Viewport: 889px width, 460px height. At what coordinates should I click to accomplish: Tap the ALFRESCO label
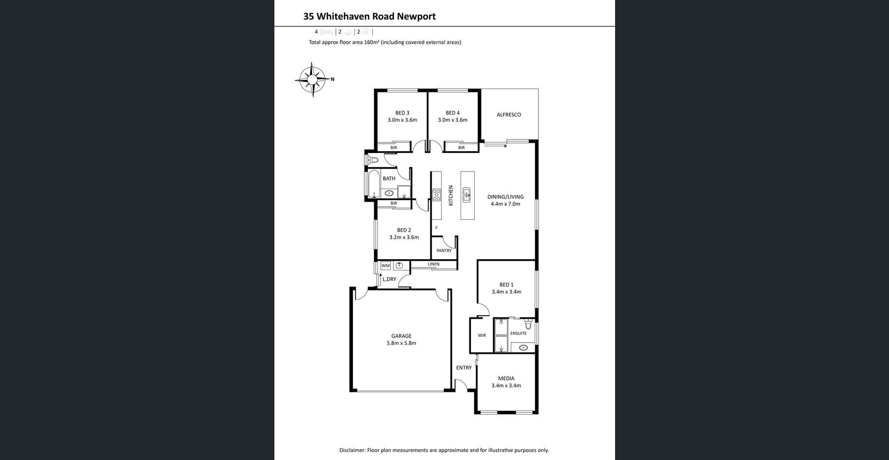pos(509,115)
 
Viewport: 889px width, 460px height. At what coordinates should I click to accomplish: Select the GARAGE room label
pos(401,336)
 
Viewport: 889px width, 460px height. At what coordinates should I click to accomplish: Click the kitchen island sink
pos(466,194)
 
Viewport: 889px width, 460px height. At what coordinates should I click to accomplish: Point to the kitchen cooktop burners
pos(437,195)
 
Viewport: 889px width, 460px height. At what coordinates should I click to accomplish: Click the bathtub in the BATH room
pos(374,184)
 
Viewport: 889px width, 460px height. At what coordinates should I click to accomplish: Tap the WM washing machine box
pos(386,266)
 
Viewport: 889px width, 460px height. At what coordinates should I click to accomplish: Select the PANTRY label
pos(444,250)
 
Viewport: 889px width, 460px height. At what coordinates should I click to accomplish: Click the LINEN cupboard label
pos(433,264)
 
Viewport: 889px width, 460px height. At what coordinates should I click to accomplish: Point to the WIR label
pos(482,335)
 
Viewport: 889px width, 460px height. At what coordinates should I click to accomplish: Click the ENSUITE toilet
pos(528,324)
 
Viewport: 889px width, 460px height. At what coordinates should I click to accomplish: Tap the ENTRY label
pos(464,368)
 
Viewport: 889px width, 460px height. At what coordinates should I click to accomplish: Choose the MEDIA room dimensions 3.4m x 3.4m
pos(506,385)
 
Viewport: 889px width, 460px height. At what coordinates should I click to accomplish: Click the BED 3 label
pos(402,113)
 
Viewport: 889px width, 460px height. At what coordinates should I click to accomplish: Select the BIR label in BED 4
pos(461,148)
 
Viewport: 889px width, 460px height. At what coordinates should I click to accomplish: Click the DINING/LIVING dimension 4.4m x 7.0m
pos(505,204)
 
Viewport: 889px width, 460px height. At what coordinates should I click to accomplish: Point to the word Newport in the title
pos(416,17)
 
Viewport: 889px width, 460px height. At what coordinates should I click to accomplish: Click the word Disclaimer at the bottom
pos(352,450)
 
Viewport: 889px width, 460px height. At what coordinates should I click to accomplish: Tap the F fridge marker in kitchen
pos(436,228)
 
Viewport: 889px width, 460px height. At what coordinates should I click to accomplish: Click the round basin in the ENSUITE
pos(523,347)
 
